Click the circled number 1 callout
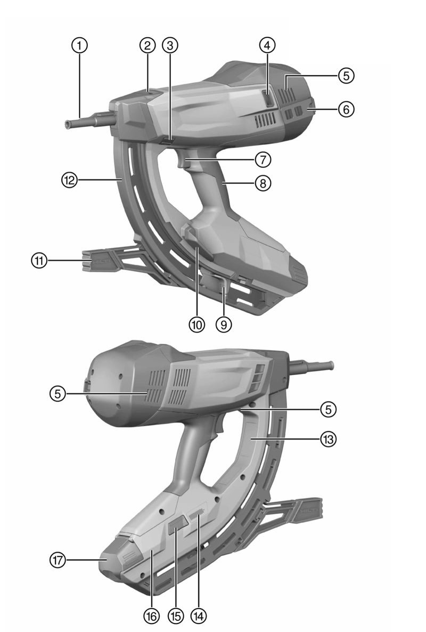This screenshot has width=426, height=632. pos(80,45)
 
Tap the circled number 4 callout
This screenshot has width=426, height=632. pos(267,45)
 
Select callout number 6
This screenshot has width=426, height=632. pos(346,109)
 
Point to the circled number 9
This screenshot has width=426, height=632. pos(224,323)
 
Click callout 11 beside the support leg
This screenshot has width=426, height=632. pos(39,261)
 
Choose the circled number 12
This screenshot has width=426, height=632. pos(69,180)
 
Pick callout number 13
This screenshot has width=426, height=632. pos(328,439)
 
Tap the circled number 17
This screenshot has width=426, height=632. pos(58,560)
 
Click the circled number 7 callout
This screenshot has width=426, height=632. pos(263,160)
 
